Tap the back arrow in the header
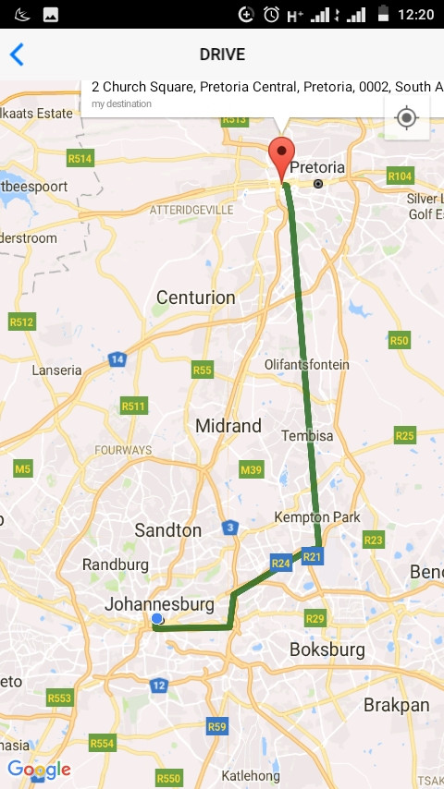point(17,55)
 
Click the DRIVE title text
point(222,55)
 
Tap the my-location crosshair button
point(406,117)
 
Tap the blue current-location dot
point(157,618)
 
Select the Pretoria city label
point(317,168)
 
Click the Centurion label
point(196,297)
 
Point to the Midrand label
point(228,426)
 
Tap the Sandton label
point(167,530)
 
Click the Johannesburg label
point(160,604)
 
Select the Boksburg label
point(327,649)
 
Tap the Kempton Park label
point(317,517)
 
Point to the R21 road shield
point(313,556)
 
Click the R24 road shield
point(281,562)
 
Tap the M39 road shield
point(251,469)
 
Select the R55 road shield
point(203,370)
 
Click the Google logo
point(39,769)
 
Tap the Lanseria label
point(56,370)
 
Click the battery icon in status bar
point(383,15)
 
